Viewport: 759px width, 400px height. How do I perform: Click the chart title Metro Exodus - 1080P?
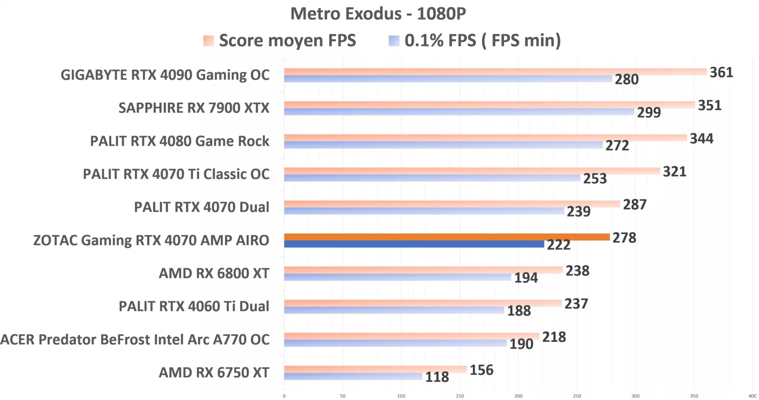pyautogui.click(x=378, y=14)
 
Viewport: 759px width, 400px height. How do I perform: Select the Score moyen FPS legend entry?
pyautogui.click(x=280, y=40)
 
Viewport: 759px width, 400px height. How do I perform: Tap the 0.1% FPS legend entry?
pyautogui.click(x=475, y=40)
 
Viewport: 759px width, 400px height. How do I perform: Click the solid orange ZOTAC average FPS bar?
pyautogui.click(x=447, y=237)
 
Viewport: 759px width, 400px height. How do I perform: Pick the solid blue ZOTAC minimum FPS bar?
pyautogui.click(x=414, y=244)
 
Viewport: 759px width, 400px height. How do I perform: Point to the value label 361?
pyautogui.click(x=721, y=72)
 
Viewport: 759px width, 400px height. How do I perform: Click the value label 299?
pyautogui.click(x=649, y=112)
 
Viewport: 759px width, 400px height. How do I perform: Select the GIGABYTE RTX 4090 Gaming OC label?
pyautogui.click(x=165, y=75)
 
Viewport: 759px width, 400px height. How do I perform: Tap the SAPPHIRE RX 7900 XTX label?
pyautogui.click(x=194, y=108)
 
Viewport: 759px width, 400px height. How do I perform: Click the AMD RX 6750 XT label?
pyautogui.click(x=214, y=373)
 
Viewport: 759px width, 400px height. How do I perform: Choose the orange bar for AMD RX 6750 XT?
pyautogui.click(x=375, y=369)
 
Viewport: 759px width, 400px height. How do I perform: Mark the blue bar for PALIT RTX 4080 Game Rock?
pyautogui.click(x=443, y=145)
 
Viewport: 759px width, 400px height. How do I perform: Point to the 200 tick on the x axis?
pyautogui.click(x=518, y=396)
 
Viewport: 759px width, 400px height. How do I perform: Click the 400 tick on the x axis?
pyautogui.click(x=752, y=396)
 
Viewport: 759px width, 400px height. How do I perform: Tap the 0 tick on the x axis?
pyautogui.click(x=284, y=396)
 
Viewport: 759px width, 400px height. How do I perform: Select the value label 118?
pyautogui.click(x=437, y=377)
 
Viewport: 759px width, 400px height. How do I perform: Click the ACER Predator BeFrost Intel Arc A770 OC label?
pyautogui.click(x=135, y=340)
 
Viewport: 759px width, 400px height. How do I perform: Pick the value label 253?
pyautogui.click(x=595, y=178)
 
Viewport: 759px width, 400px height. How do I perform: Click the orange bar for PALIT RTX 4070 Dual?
pyautogui.click(x=452, y=204)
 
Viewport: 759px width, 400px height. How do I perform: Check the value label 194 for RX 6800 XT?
pyautogui.click(x=526, y=278)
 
